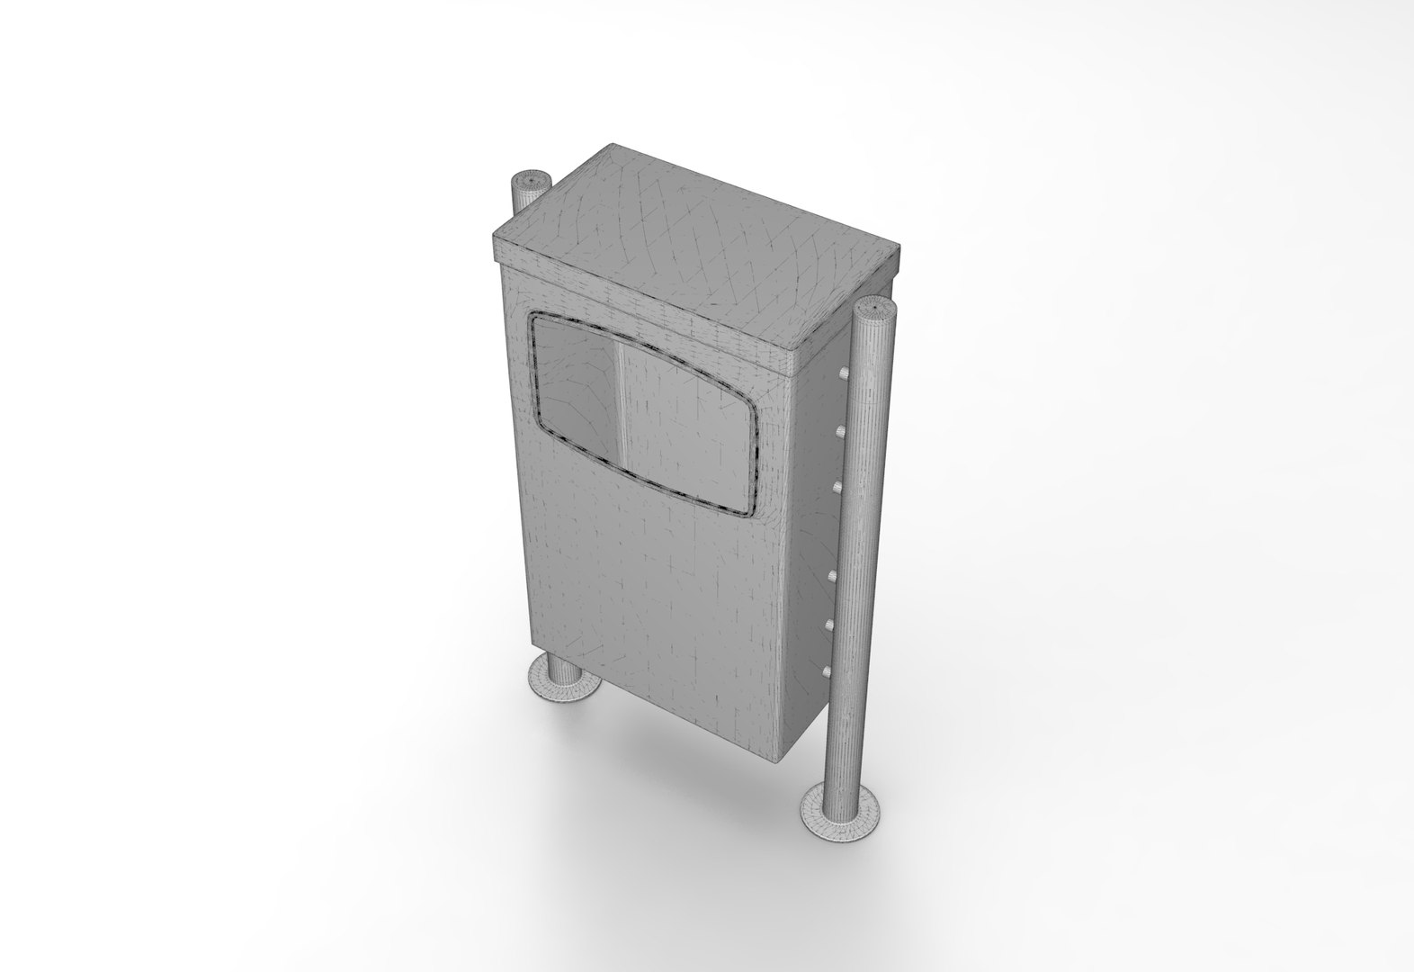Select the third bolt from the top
pyautogui.click(x=837, y=487)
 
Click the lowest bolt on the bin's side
pyautogui.click(x=827, y=669)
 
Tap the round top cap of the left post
pyautogui.click(x=531, y=182)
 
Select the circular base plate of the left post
pyautogui.click(x=561, y=680)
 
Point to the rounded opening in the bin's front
pyautogui.click(x=640, y=414)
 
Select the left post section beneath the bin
pyautogui.click(x=563, y=665)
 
